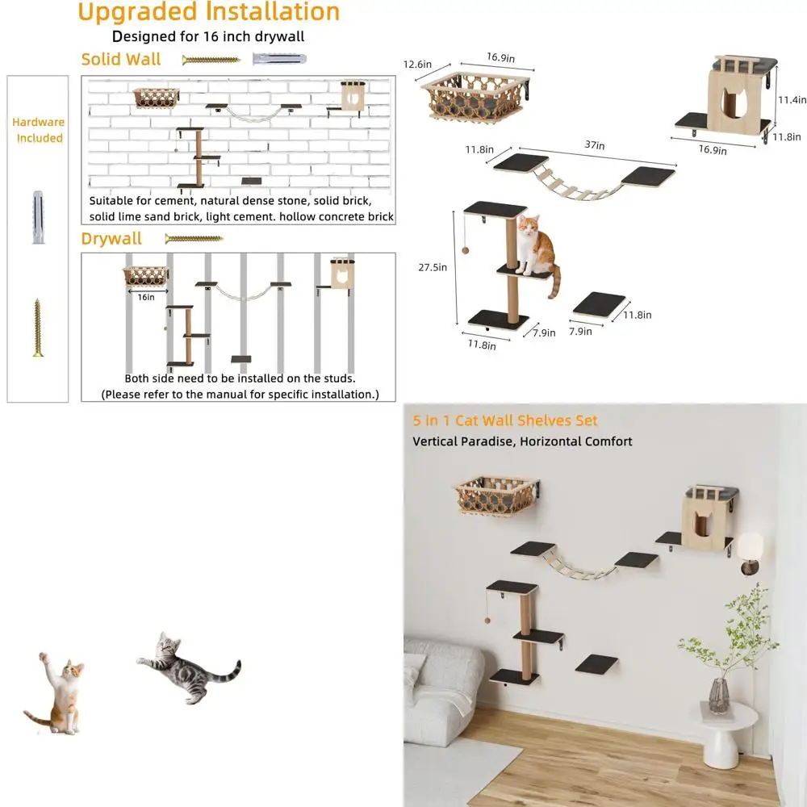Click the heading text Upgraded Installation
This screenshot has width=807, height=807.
coord(208,13)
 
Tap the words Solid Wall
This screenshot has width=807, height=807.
coord(121,60)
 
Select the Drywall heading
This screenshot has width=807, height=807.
coord(111,239)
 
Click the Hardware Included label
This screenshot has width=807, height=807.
coord(38,130)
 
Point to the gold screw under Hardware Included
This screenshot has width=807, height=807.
coord(37,327)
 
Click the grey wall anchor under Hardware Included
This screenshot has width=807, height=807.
coord(37,217)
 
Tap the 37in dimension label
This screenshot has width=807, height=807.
coord(596,145)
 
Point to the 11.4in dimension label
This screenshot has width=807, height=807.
coord(792,100)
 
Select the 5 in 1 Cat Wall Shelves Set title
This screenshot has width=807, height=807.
coord(505,420)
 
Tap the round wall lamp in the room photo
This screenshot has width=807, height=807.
coord(751,549)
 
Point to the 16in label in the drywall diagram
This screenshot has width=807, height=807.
coord(144,297)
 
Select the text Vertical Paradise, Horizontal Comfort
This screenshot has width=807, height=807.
coord(522,441)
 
